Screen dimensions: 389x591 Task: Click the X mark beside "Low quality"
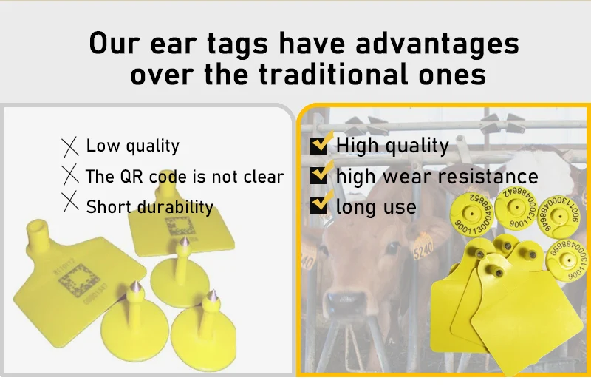[70, 146]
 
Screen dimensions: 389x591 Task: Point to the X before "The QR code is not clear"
[70, 175]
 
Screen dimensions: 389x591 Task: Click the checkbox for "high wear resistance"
[318, 175]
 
